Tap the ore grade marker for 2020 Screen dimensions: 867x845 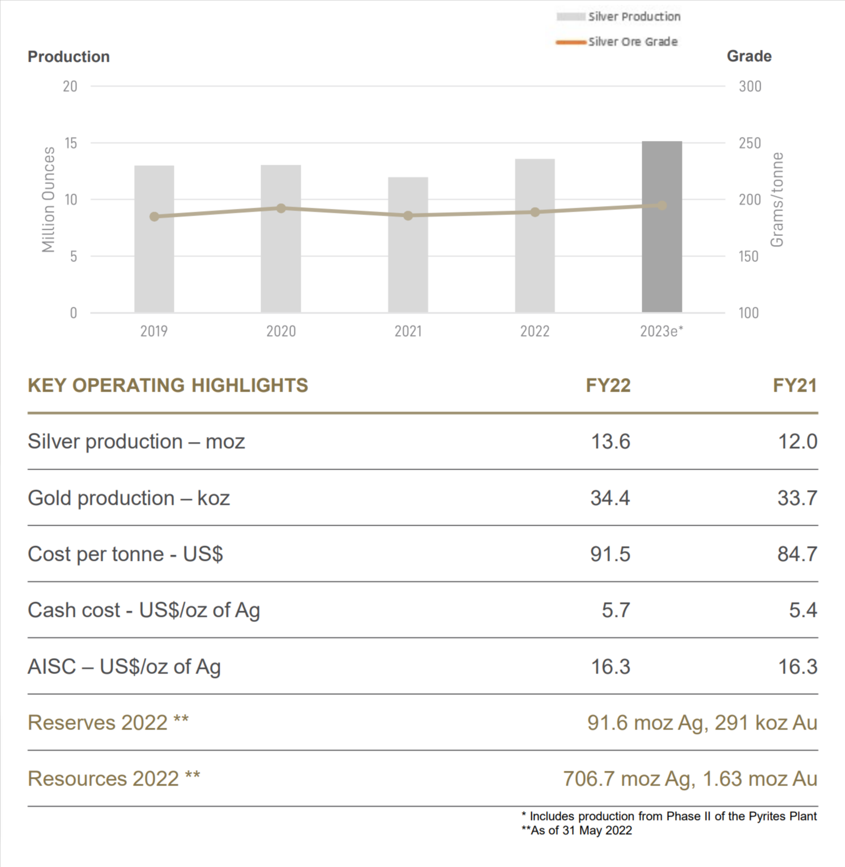click(x=281, y=208)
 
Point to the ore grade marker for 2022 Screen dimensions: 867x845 click(x=535, y=212)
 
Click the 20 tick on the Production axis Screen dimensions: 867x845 click(x=70, y=87)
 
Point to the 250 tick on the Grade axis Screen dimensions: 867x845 click(x=749, y=143)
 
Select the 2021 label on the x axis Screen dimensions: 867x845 click(x=408, y=331)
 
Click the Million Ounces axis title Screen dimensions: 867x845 click(x=49, y=199)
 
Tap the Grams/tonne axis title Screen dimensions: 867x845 click(x=777, y=199)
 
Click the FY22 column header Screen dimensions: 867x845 click(x=608, y=386)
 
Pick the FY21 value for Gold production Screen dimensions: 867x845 click(x=797, y=498)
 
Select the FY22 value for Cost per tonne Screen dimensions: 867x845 click(x=610, y=554)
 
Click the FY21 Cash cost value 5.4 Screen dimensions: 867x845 click(x=803, y=610)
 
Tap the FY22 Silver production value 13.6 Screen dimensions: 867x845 click(x=610, y=441)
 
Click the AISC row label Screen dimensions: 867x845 click(x=124, y=667)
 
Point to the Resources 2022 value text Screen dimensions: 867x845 click(x=690, y=779)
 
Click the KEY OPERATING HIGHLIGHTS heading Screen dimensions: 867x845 click(x=168, y=386)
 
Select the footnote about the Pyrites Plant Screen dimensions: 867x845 click(x=669, y=816)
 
